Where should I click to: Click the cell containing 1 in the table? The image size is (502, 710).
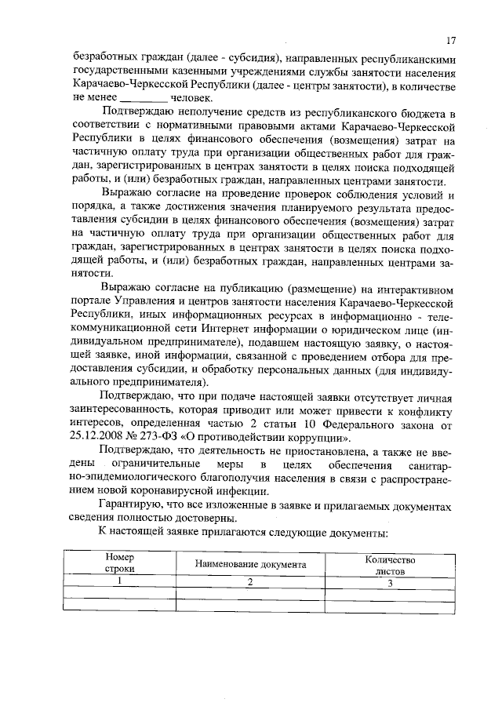120,582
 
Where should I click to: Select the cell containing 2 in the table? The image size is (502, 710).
250,582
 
